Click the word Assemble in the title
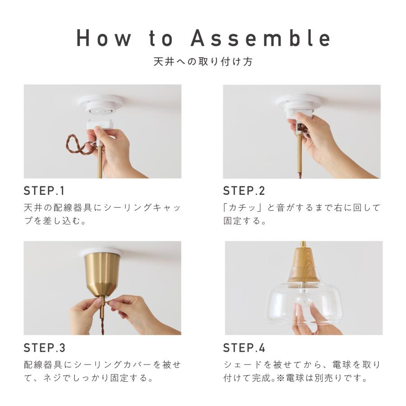click(260, 38)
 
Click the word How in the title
click(104, 38)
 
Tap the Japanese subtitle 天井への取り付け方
click(203, 62)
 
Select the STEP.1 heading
click(44, 191)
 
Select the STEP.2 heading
click(244, 191)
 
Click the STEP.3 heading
click(44, 348)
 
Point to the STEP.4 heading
click(244, 348)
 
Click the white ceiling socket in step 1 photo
click(101, 106)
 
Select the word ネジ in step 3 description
click(53, 378)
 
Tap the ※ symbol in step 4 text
click(281, 378)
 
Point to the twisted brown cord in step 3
click(103, 327)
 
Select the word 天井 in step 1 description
click(33, 208)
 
